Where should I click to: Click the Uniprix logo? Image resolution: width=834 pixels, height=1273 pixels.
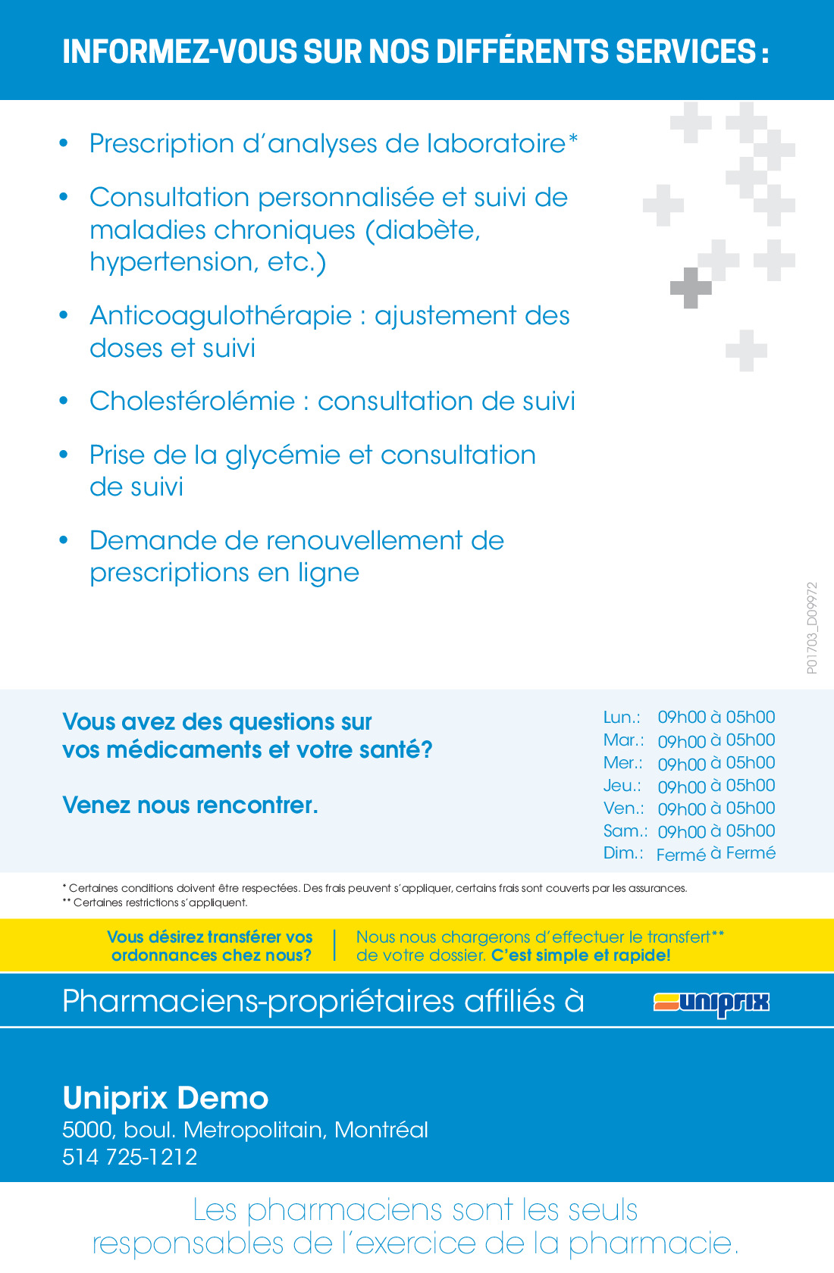(711, 1002)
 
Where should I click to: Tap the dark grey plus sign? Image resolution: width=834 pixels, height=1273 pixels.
(690, 288)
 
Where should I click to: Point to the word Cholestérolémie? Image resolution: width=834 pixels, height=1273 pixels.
(192, 402)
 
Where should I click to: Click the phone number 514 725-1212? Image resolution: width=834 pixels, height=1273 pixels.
(130, 1157)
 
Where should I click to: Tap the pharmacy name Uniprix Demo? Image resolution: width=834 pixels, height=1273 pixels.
(165, 1098)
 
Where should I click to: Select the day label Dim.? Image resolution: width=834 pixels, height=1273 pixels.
(622, 853)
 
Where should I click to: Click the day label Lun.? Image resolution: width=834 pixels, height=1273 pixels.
(622, 717)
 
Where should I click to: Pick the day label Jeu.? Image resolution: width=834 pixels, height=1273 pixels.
(622, 785)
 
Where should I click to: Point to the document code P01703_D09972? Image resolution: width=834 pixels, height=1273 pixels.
(812, 627)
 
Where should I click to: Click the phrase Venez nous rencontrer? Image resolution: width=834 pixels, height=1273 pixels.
(190, 805)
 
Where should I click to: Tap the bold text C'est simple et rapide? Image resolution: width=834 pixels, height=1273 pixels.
(581, 956)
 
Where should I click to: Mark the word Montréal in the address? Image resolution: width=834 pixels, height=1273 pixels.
(381, 1130)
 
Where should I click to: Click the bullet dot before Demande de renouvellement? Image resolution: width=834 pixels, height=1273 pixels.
(64, 540)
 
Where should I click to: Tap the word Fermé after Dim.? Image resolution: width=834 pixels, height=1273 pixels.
(681, 855)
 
